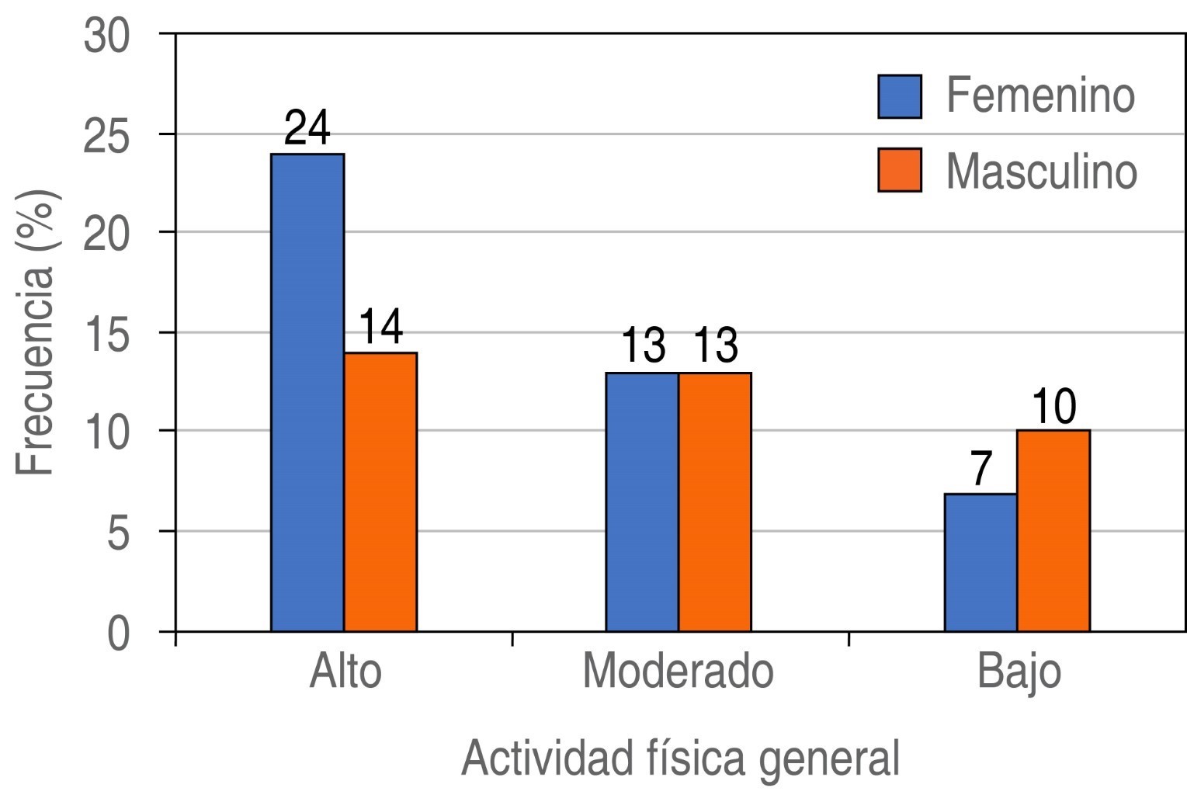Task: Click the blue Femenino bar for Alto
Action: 307,392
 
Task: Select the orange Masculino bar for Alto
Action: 380,491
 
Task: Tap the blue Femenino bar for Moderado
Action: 642,502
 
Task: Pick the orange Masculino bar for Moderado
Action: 715,502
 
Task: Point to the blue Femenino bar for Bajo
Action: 980,562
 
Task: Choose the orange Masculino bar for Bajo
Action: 1053,530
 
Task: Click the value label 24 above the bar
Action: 307,128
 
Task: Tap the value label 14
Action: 380,327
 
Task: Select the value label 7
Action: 981,468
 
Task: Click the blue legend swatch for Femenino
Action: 900,96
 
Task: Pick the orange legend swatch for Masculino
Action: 900,169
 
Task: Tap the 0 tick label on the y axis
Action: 117,633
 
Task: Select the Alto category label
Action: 345,671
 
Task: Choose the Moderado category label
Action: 678,671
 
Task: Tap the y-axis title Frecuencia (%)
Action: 36,332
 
